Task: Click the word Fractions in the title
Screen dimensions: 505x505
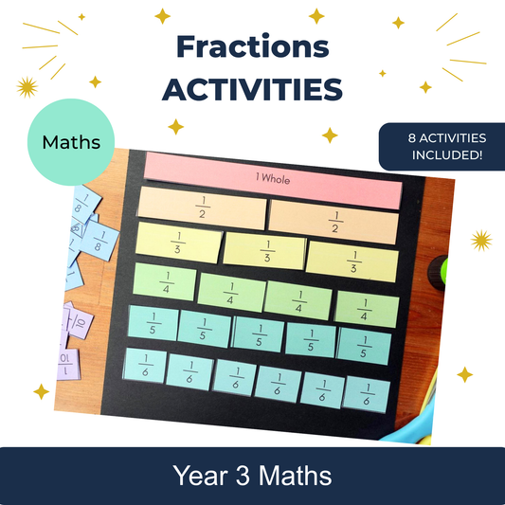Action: tap(252, 46)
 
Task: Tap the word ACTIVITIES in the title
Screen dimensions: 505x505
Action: tap(252, 88)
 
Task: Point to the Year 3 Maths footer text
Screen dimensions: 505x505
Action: tap(252, 475)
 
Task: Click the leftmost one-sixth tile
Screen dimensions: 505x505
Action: tap(145, 367)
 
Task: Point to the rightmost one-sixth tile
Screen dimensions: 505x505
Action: tap(368, 393)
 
